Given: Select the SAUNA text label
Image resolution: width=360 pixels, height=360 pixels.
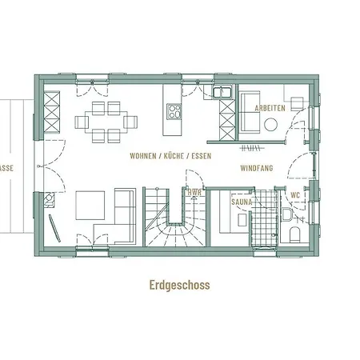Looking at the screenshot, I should click(242, 202).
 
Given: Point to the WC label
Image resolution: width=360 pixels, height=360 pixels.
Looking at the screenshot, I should click(295, 194).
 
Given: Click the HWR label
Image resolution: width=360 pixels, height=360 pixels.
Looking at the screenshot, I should click(194, 193).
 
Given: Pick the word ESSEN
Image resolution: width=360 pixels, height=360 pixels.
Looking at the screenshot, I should click(200, 157).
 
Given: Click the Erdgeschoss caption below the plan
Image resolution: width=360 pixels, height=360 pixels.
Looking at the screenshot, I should click(179, 284).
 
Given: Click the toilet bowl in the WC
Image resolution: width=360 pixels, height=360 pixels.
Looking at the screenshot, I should click(294, 233).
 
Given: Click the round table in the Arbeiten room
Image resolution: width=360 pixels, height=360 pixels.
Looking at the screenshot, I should click(272, 125).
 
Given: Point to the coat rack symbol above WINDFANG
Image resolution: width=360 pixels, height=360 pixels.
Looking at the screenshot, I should click(251, 147).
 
